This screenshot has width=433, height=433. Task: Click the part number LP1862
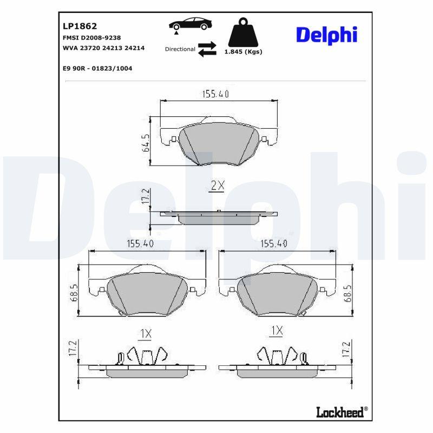pos(80,26)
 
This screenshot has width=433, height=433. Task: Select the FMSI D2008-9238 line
pos(91,37)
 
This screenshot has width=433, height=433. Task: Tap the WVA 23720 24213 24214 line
pos(103,48)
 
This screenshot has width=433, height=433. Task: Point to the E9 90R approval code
pos(97,68)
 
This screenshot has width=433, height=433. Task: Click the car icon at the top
pos(191,24)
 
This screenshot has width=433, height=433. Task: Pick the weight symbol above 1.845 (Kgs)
pos(243,32)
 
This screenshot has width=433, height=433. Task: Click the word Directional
pos(180,49)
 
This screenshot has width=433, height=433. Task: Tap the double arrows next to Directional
pos(207,49)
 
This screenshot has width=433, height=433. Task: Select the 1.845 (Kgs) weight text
pos(243,51)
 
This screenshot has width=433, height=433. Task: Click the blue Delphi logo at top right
pos(327,35)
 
